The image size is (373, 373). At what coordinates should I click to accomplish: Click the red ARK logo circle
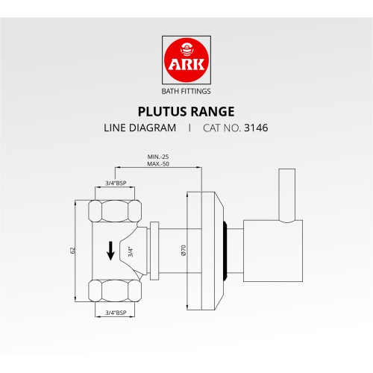click(186, 61)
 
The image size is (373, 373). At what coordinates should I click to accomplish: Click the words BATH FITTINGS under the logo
click(186, 92)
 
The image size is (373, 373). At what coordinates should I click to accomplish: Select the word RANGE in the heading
click(212, 111)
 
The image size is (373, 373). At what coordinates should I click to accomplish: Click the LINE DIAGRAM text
click(140, 128)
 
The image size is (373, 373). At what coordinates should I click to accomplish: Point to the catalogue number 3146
click(256, 128)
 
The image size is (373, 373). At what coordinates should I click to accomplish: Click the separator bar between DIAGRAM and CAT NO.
click(189, 128)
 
